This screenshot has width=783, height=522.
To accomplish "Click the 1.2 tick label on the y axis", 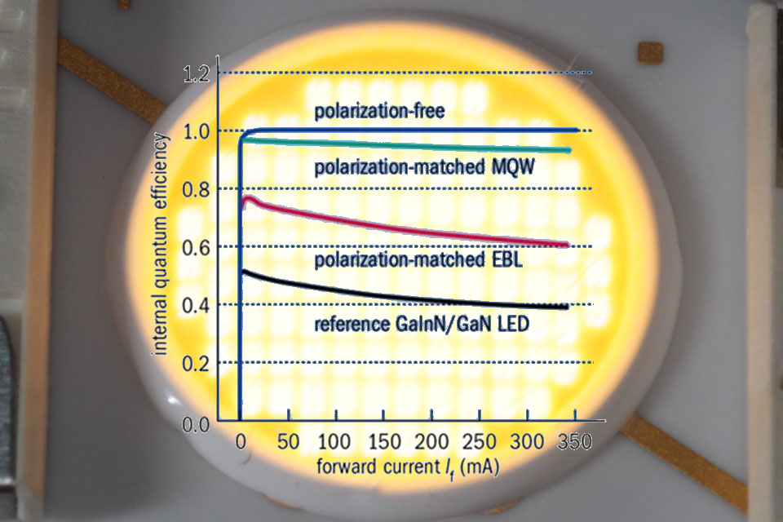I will point(197,74).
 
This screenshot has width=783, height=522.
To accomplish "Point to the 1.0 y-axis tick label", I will point(197,131).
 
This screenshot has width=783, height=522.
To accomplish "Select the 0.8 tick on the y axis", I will point(197,189).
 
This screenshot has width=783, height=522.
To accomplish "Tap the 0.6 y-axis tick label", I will point(197,247).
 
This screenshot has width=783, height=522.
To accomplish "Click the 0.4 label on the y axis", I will point(197,305).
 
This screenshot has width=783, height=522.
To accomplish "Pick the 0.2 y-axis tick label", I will point(197,363).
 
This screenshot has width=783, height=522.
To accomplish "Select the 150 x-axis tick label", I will point(382,443).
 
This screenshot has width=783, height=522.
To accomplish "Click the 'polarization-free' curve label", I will point(380,111).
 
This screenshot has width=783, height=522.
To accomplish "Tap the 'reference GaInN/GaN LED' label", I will point(422,324).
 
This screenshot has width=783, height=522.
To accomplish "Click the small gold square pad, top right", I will point(650,53).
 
